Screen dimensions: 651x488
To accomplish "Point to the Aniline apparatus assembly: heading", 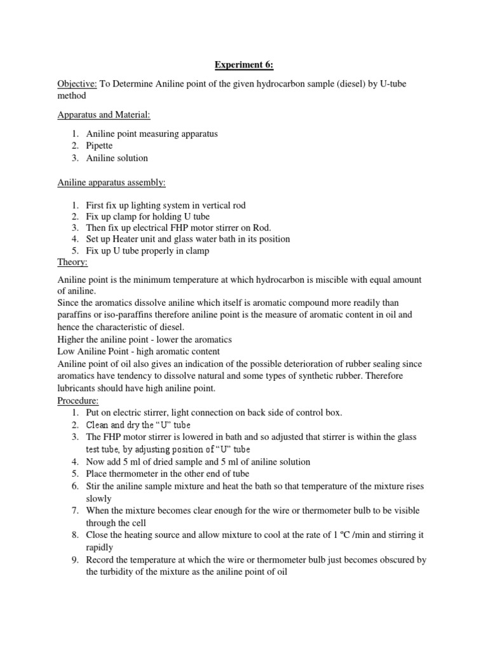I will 111,182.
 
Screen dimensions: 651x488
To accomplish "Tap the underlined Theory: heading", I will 73,262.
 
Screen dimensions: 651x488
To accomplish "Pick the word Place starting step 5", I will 98,474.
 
